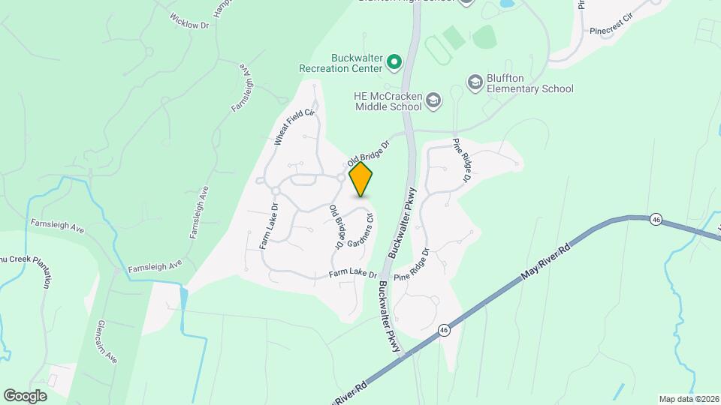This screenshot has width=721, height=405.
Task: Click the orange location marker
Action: coord(361,179)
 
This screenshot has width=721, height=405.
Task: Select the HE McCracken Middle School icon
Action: coord(433,100)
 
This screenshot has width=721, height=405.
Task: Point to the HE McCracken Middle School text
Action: coord(388,101)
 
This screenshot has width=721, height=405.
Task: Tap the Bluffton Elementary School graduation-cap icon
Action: coord(474,81)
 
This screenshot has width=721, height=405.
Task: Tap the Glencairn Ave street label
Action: coord(107,341)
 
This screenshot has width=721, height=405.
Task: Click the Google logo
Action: coord(25,395)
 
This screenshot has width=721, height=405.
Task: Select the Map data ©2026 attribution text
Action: coord(687,399)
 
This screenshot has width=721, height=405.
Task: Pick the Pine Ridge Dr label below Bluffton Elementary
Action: coord(460,160)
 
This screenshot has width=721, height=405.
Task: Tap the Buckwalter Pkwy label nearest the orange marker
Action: coord(403,219)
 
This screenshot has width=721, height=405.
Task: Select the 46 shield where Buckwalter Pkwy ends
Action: coord(445,330)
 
